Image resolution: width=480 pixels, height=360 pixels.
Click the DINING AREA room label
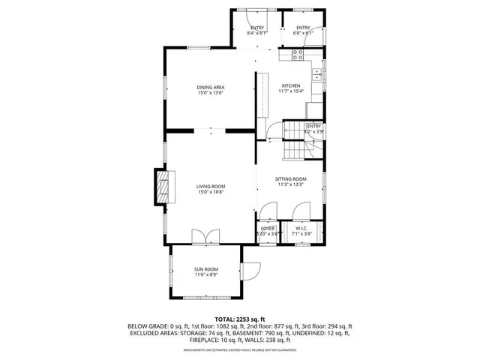(x=211, y=88)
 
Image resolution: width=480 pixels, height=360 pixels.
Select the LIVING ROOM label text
(x=211, y=186)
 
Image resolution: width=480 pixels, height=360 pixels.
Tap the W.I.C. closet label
(x=301, y=228)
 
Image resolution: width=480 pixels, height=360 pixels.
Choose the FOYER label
(x=268, y=228)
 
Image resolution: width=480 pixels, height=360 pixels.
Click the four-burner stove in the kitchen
(x=296, y=54)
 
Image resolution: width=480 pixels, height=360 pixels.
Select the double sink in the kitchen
(x=319, y=73)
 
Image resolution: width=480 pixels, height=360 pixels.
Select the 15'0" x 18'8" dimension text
(x=211, y=192)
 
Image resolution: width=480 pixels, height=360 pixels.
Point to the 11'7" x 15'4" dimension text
(x=292, y=91)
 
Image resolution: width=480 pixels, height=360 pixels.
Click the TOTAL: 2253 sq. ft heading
(x=239, y=319)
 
